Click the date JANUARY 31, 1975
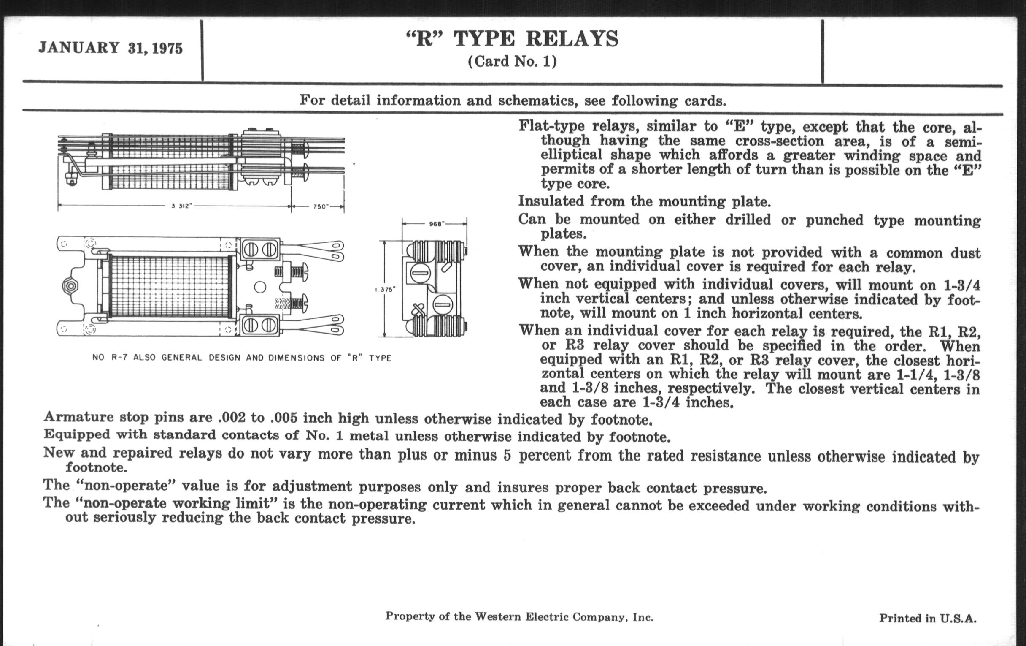[111, 48]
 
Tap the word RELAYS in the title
[572, 39]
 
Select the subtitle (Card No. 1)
[512, 62]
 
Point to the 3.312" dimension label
[182, 206]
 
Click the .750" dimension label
[320, 206]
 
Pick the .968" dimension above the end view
[435, 224]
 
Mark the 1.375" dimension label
[385, 290]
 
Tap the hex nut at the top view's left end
[70, 286]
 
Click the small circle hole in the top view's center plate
[260, 287]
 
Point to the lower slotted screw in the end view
[442, 305]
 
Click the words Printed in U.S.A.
[928, 618]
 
